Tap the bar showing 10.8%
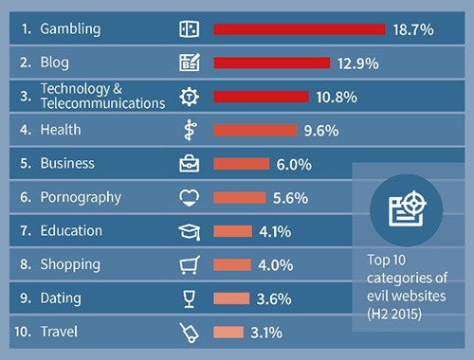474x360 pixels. (x=262, y=96)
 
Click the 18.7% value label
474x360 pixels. (x=412, y=29)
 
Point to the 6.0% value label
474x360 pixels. (x=293, y=164)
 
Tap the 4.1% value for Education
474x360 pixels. (x=272, y=230)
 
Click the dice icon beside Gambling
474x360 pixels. (x=189, y=29)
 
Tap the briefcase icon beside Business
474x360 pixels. (x=189, y=163)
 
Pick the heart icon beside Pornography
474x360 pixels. (x=189, y=197)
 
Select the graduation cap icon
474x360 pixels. (x=189, y=230)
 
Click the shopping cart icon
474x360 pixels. (x=189, y=264)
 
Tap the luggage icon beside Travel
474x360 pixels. (x=189, y=332)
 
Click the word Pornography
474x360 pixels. (x=80, y=197)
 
